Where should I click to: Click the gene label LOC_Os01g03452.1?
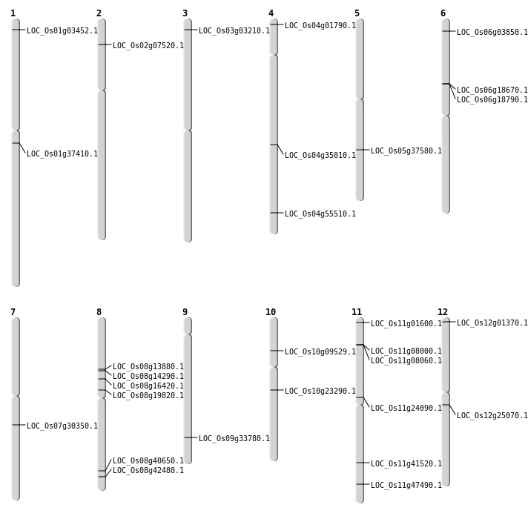click(x=62, y=31)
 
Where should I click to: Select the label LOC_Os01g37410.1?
click(x=62, y=154)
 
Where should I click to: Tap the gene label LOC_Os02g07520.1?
click(x=148, y=46)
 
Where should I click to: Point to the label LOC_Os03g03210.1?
click(x=234, y=31)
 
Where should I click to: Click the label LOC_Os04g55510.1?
click(x=320, y=214)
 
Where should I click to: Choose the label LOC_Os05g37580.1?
click(x=406, y=151)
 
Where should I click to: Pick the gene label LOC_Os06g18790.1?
click(x=492, y=100)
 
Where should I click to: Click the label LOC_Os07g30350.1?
click(x=62, y=426)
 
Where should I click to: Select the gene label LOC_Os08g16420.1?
click(x=148, y=386)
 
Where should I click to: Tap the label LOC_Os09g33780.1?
click(x=234, y=439)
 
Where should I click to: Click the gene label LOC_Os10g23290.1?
click(x=320, y=391)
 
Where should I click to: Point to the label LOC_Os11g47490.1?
click(x=406, y=486)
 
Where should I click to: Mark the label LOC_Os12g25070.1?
click(x=492, y=416)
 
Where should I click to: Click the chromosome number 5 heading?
click(x=357, y=13)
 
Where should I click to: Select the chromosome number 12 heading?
click(x=443, y=312)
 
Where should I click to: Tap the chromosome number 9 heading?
click(x=185, y=312)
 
